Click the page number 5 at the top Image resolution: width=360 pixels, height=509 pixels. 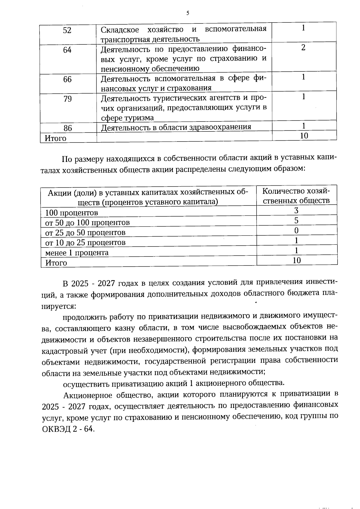coord(187,13)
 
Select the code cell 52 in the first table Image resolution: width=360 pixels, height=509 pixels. coord(67,30)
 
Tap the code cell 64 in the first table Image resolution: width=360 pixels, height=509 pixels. coord(67,50)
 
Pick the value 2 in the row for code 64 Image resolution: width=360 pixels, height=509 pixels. coord(304,48)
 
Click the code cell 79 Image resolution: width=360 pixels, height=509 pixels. coord(67,99)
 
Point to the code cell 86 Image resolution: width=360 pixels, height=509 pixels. coord(68,128)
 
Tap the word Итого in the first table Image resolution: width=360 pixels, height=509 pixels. coord(55,138)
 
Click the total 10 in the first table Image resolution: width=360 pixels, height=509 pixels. coord(304,136)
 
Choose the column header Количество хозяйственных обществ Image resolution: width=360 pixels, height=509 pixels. coord(296,196)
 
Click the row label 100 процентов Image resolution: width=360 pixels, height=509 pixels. coord(71,213)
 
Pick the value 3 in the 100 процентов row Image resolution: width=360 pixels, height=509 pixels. coord(296,211)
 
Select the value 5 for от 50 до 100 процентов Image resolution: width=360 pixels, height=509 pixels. coord(296,221)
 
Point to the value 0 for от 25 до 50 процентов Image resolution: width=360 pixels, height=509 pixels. coord(296,231)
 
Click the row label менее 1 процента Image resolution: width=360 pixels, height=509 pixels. coord(77,253)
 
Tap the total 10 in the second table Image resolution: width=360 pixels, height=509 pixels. coord(296,260)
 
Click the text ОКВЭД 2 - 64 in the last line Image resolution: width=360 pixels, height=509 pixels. coord(68,429)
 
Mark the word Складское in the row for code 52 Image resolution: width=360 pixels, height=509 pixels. coord(120,30)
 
